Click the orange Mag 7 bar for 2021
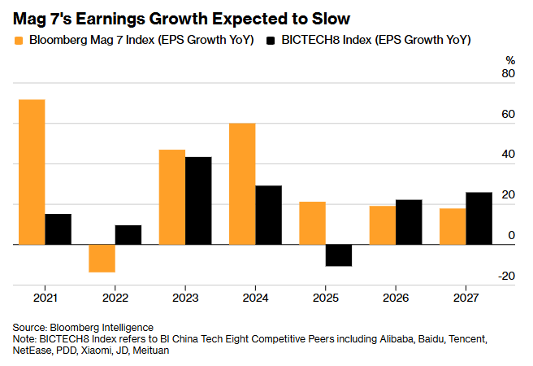pos(32,172)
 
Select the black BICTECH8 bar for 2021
pos(58,229)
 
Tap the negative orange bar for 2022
pos(102,259)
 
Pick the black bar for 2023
pos(198,200)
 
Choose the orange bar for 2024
pos(242,184)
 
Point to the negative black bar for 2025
pos(339,255)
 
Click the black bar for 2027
pos(479,218)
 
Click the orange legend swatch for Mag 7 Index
pos(18,39)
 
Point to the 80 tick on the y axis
pos(509,74)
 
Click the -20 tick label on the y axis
pos(506,277)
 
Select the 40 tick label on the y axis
pos(509,155)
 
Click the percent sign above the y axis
pos(510,59)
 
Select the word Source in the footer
pos(30,325)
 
